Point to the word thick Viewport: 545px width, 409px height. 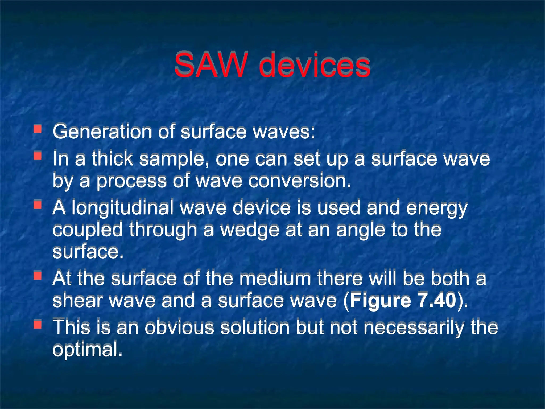pyautogui.click(x=112, y=159)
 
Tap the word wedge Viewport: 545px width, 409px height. pyautogui.click(x=250, y=230)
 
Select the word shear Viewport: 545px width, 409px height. pyautogui.click(x=77, y=301)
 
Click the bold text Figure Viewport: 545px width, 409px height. pyautogui.click(x=381, y=301)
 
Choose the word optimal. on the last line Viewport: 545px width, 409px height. pyautogui.click(x=88, y=350)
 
